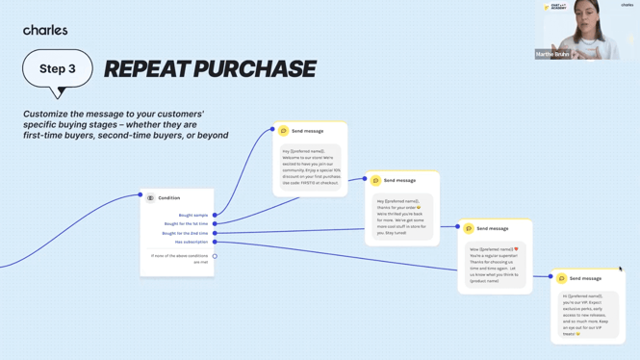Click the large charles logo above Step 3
45,30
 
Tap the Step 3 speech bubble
58,69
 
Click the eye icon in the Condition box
150,197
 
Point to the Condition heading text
169,197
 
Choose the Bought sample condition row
192,215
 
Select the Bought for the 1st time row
186,223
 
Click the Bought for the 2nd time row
185,233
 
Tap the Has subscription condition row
192,242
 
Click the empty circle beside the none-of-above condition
215,256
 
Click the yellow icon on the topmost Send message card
284,131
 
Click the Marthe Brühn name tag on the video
553,54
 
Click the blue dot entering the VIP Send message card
550,277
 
